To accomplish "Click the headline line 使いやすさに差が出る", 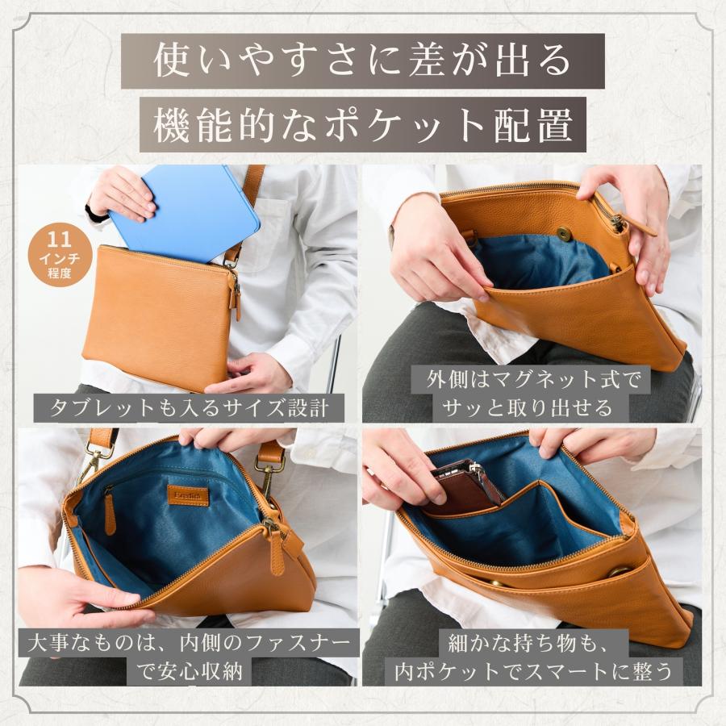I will click(363, 61).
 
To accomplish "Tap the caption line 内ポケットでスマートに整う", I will click(532, 670).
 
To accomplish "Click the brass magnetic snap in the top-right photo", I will click(565, 234).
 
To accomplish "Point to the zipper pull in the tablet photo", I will click(236, 298).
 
